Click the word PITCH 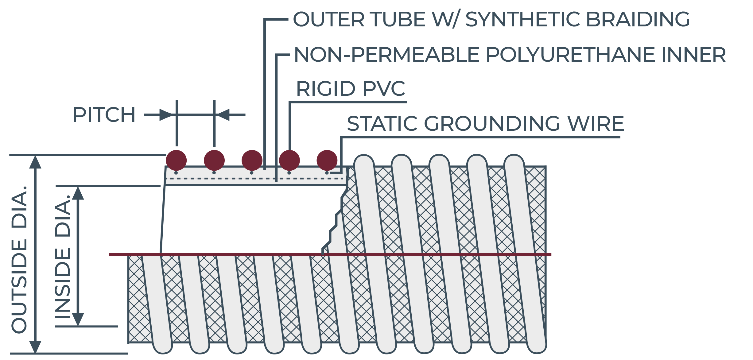104,115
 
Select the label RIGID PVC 351,89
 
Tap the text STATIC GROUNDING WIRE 485,123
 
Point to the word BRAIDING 638,19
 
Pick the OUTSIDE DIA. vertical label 19,259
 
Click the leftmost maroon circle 176,160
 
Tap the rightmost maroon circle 327,160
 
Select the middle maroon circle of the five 252,160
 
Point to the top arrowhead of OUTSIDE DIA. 35,162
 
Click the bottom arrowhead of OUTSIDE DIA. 35,347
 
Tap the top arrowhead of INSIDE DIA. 78,193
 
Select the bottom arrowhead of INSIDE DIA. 78,319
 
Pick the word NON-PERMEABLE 387,55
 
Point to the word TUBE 398,19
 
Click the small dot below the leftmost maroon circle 176,173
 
